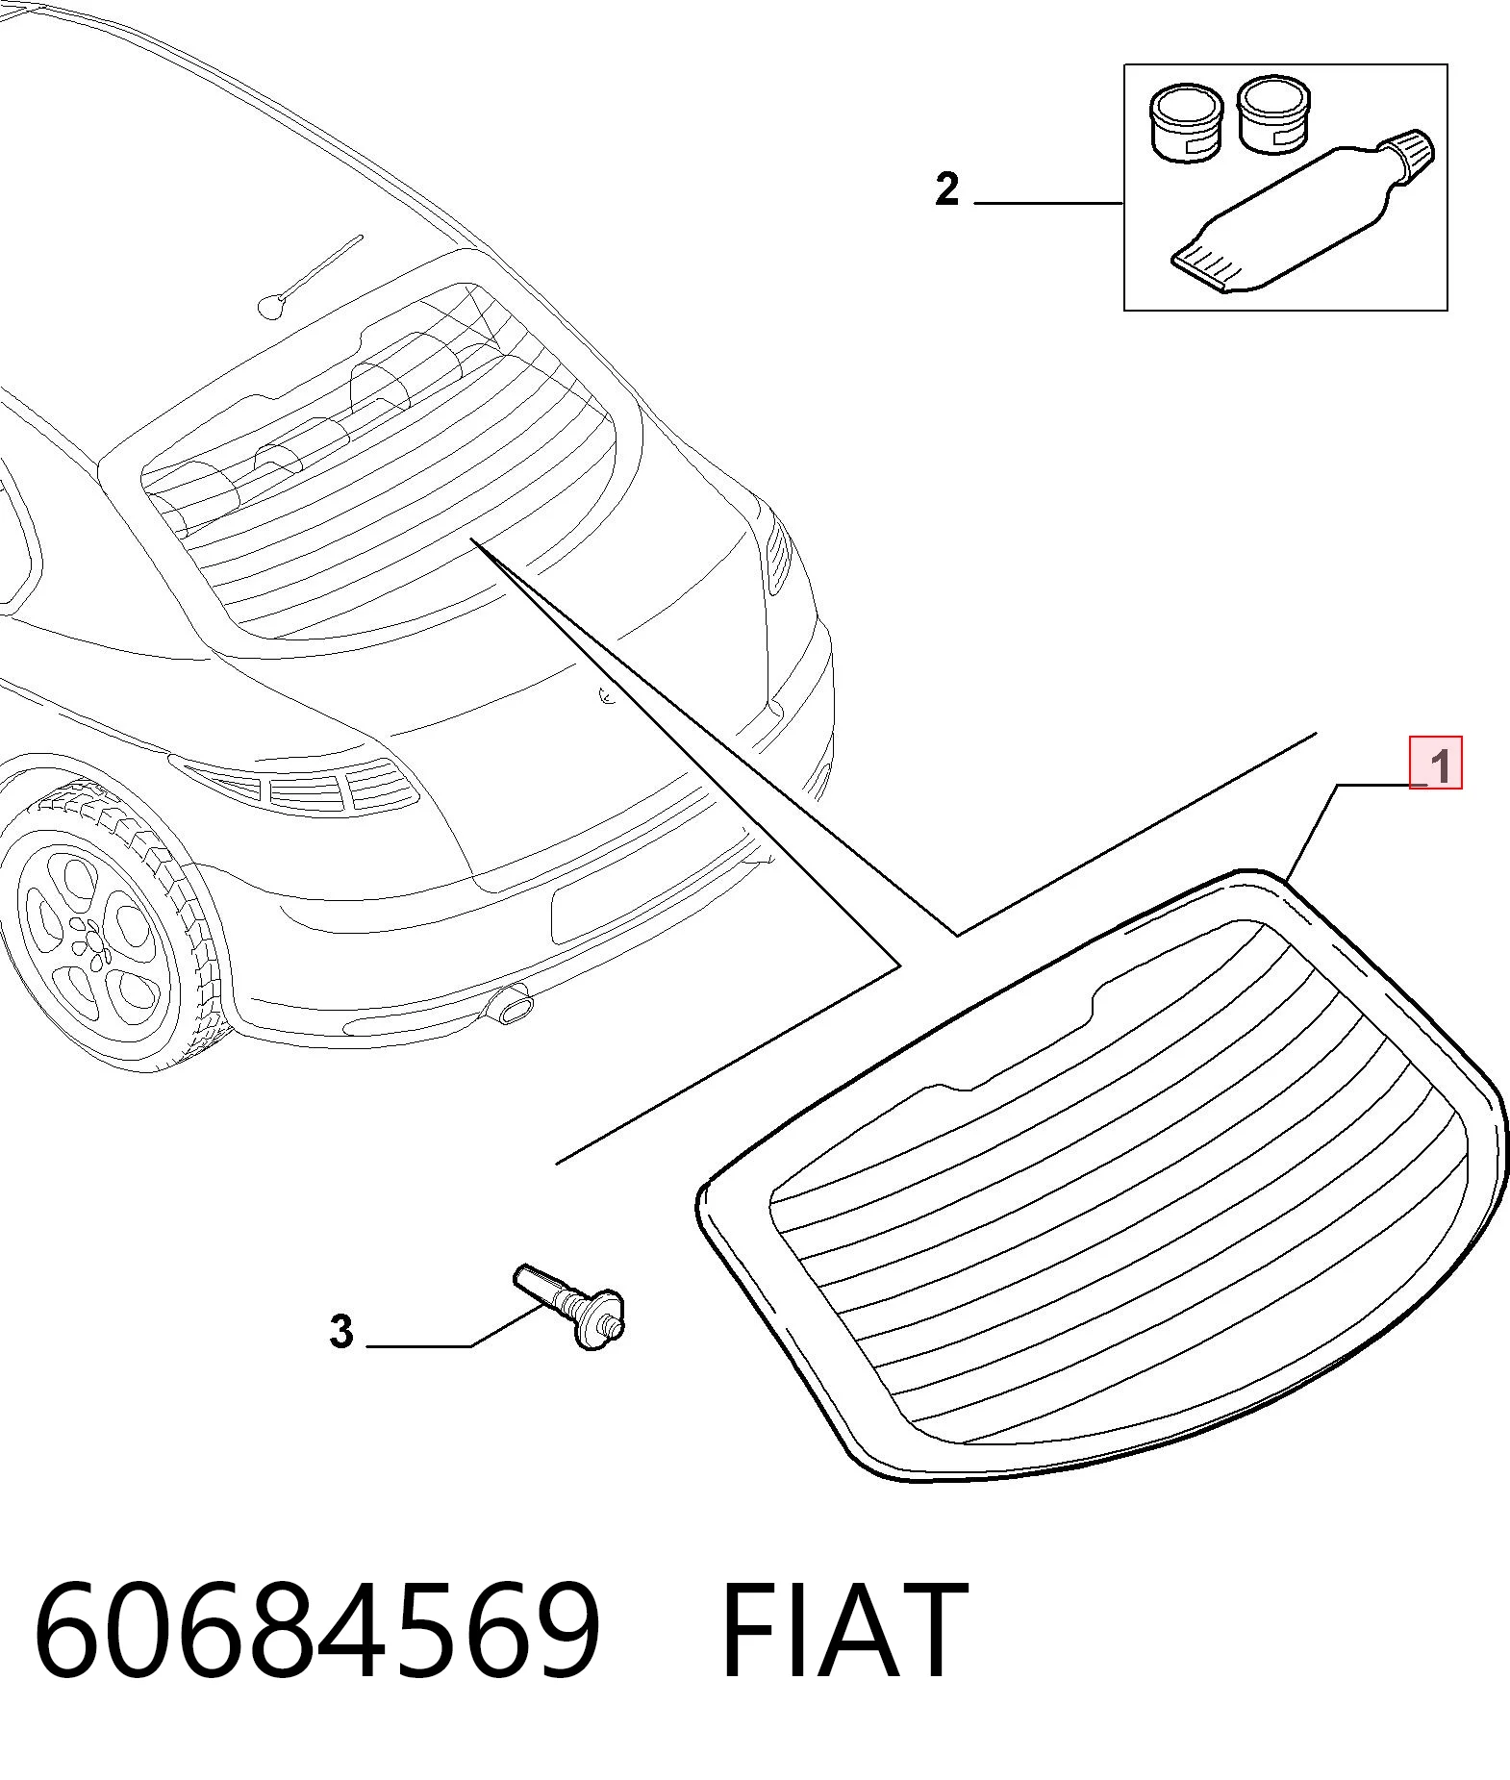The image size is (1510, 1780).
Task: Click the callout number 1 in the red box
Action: click(x=1439, y=767)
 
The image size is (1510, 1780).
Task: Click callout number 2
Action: click(x=947, y=189)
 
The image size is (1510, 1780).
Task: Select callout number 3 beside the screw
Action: click(x=341, y=1332)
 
